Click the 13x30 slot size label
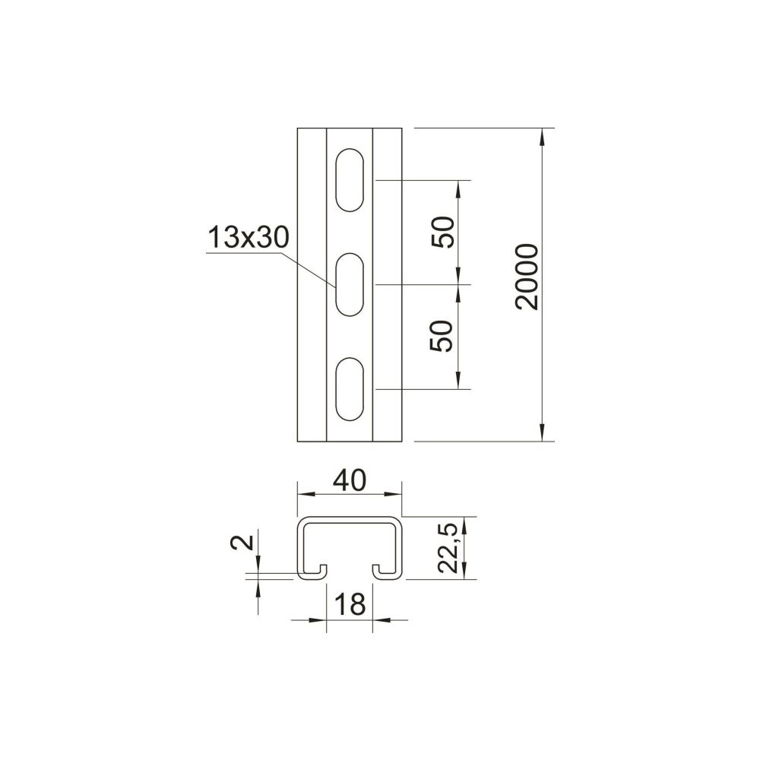pos(249,237)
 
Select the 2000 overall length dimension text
pos(527,277)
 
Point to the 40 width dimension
pos(350,480)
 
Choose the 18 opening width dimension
pos(350,604)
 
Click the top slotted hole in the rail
pos(350,180)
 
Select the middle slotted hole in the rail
pos(350,284)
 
